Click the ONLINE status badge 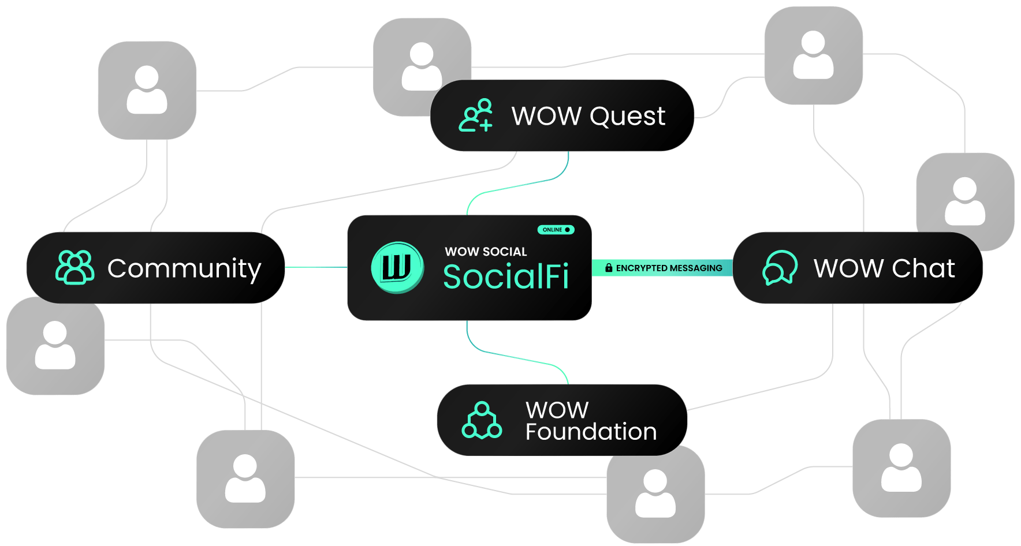[556, 230]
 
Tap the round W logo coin [397, 267]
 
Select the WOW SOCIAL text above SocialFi [486, 252]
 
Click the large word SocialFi [506, 276]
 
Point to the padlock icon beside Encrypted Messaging [609, 268]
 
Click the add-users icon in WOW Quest [476, 115]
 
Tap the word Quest [628, 116]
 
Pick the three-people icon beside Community [74, 267]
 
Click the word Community [184, 268]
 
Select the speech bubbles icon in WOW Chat [780, 268]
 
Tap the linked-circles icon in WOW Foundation [482, 421]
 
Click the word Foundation [591, 432]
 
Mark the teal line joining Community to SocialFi [316, 267]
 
